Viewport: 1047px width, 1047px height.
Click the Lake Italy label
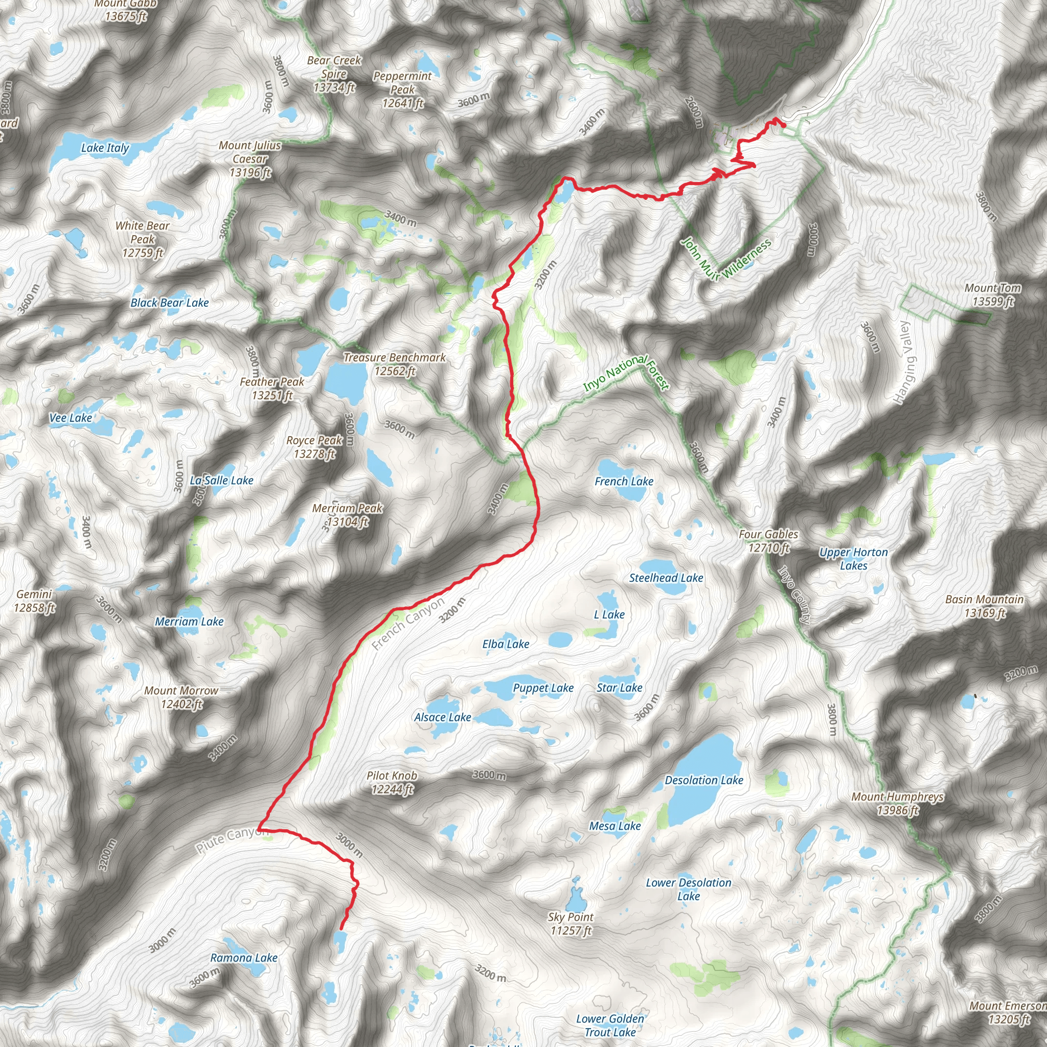tap(105, 148)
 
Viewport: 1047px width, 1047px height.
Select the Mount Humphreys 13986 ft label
tap(897, 804)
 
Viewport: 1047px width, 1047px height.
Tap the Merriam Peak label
tap(347, 515)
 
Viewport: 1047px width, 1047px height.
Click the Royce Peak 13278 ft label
tap(314, 447)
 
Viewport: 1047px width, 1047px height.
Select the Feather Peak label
tap(272, 389)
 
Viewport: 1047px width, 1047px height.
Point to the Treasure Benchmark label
tap(395, 364)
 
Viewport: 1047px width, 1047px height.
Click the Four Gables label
tap(768, 541)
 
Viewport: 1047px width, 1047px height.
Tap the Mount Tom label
tap(993, 295)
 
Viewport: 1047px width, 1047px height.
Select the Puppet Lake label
tap(543, 688)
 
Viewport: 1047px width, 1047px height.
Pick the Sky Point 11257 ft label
tap(571, 923)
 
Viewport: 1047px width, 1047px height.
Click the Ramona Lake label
tap(244, 958)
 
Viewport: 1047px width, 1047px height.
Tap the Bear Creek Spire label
tap(334, 74)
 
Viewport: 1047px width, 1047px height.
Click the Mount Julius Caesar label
tap(250, 159)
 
